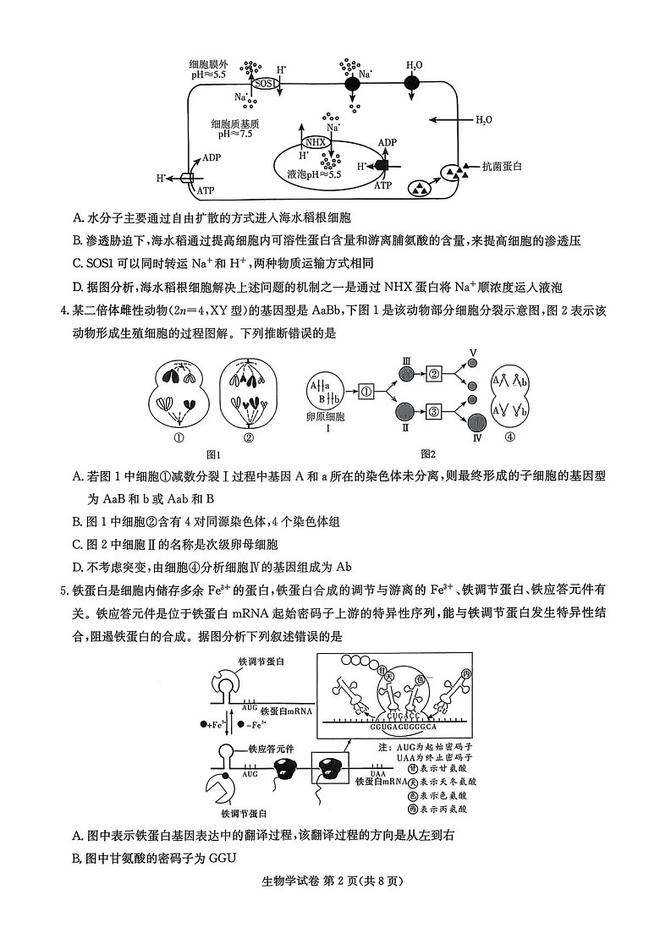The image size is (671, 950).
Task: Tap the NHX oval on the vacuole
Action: click(315, 141)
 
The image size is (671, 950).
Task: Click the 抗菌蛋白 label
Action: click(502, 167)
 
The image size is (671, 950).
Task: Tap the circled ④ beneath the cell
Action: click(509, 438)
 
